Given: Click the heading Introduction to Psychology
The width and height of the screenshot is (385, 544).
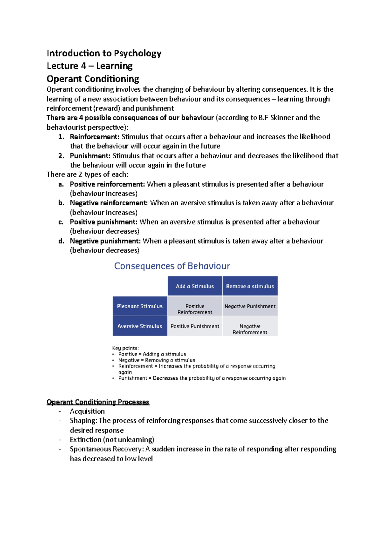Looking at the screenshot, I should pos(104,53).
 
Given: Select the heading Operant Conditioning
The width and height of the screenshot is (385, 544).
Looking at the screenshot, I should pos(93,79).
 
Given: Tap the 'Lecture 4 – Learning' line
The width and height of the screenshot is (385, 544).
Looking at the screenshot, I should pos(90,66).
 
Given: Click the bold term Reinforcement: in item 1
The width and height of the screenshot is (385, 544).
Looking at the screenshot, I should pos(94,137).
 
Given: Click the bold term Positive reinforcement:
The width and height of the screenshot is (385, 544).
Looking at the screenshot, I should pos(107,184).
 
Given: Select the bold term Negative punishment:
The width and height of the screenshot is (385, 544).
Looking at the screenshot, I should pos(105,241).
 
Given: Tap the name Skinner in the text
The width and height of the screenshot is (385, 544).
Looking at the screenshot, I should pos(282,118).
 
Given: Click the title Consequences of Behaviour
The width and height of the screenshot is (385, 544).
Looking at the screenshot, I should pos(172,266).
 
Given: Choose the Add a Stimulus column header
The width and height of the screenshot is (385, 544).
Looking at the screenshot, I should pos(195,286).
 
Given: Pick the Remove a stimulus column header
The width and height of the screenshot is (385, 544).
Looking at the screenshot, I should pos(250,286).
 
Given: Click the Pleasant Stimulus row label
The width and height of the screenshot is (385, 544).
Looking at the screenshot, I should pos(140,306).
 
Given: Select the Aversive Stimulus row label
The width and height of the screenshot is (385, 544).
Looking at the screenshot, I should pos(140,326).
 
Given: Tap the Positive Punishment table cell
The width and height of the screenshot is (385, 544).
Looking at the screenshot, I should pos(195,326).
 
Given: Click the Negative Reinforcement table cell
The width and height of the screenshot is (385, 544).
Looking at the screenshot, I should pos(250,329).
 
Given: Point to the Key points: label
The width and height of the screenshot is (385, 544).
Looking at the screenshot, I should pos(125,348).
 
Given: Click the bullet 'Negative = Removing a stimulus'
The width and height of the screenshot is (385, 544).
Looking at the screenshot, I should pos(157,360).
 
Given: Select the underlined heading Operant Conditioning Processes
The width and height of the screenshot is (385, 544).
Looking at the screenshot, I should pos(98,402).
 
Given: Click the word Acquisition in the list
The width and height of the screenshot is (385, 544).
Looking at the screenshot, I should pos(87,411).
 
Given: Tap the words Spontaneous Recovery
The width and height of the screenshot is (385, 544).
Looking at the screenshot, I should pos(106,449).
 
